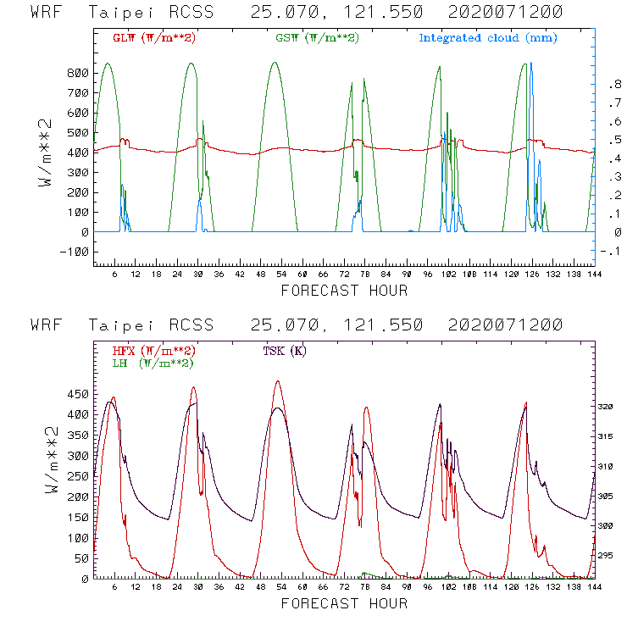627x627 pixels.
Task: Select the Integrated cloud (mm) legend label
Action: click(488, 38)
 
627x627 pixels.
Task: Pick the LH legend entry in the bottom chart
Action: click(152, 363)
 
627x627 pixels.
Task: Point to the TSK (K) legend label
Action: click(281, 351)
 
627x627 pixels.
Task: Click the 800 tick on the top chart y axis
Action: click(77, 73)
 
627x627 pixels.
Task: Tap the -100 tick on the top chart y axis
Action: click(74, 252)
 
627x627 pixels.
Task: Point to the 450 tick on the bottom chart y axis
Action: click(77, 394)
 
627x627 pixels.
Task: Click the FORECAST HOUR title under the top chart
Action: click(343, 291)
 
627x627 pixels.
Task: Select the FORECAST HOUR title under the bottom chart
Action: click(343, 604)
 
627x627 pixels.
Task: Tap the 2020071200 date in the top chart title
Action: click(508, 13)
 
